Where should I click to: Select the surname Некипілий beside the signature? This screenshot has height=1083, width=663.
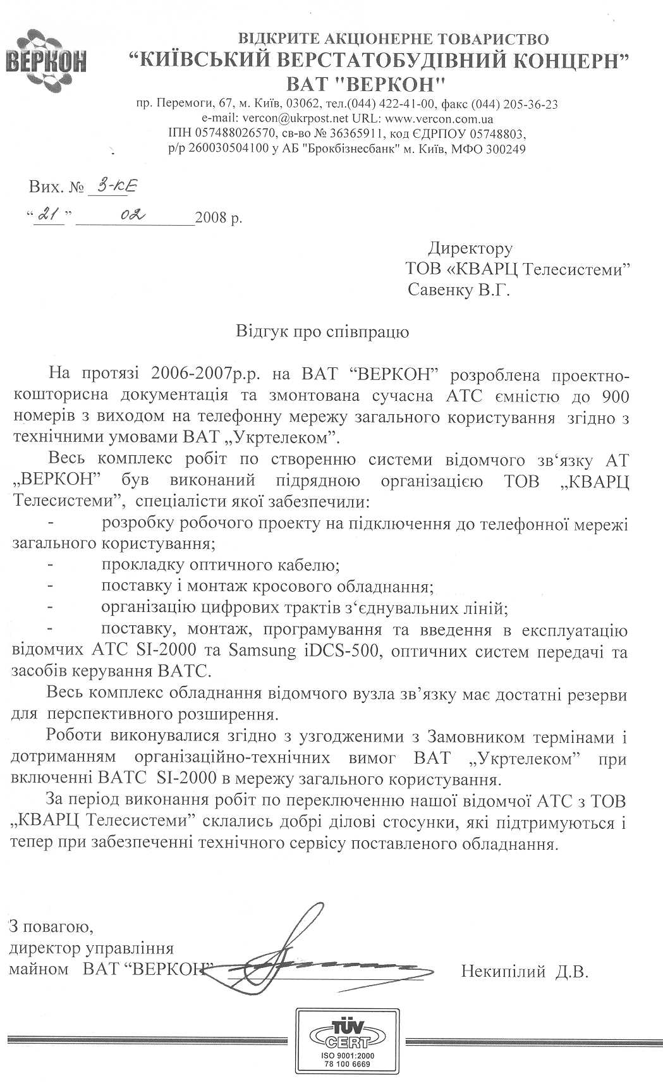[x=502, y=971]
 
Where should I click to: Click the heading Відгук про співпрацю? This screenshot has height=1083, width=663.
[x=322, y=331]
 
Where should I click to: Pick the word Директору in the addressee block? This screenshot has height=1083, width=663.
[x=470, y=248]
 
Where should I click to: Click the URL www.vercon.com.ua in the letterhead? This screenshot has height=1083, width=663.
[x=439, y=119]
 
